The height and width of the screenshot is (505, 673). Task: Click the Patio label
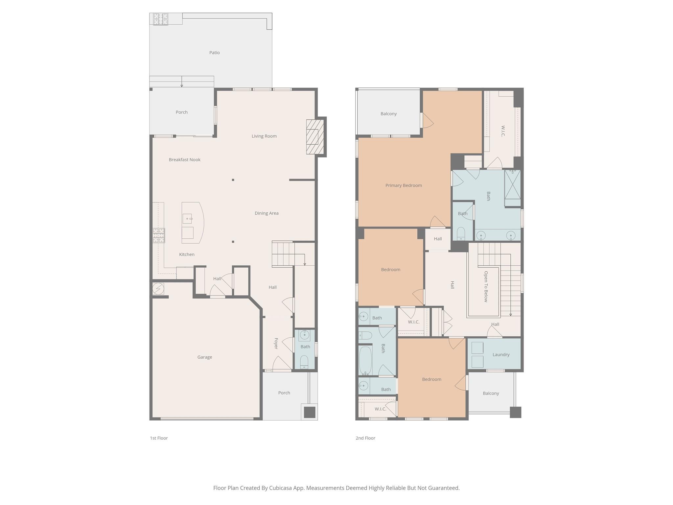pyautogui.click(x=214, y=53)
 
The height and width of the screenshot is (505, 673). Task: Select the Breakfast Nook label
pyautogui.click(x=184, y=160)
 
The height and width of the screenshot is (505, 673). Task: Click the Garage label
pyautogui.click(x=204, y=357)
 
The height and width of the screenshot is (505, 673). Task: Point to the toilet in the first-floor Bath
pyautogui.click(x=304, y=362)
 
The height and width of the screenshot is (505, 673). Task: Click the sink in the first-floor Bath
pyautogui.click(x=305, y=335)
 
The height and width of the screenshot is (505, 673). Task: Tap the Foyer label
pyautogui.click(x=276, y=344)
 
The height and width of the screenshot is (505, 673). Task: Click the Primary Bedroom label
pyautogui.click(x=404, y=185)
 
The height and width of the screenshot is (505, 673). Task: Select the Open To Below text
pyautogui.click(x=486, y=286)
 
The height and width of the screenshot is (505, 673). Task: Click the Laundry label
pyautogui.click(x=501, y=355)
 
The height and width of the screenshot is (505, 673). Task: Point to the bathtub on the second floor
pyautogui.click(x=365, y=361)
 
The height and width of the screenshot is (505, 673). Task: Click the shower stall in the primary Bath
pyautogui.click(x=512, y=185)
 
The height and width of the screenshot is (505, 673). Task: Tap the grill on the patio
pyautogui.click(x=160, y=19)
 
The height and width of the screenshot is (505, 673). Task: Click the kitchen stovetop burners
pyautogui.click(x=159, y=236)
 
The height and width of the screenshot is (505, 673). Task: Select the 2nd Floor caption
pyautogui.click(x=365, y=438)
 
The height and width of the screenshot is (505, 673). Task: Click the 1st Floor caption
pyautogui.click(x=159, y=438)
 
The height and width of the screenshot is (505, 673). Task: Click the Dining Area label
pyautogui.click(x=267, y=213)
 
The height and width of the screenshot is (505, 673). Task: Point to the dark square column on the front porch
pyautogui.click(x=309, y=412)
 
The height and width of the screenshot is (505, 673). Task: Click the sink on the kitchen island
pyautogui.click(x=187, y=219)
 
